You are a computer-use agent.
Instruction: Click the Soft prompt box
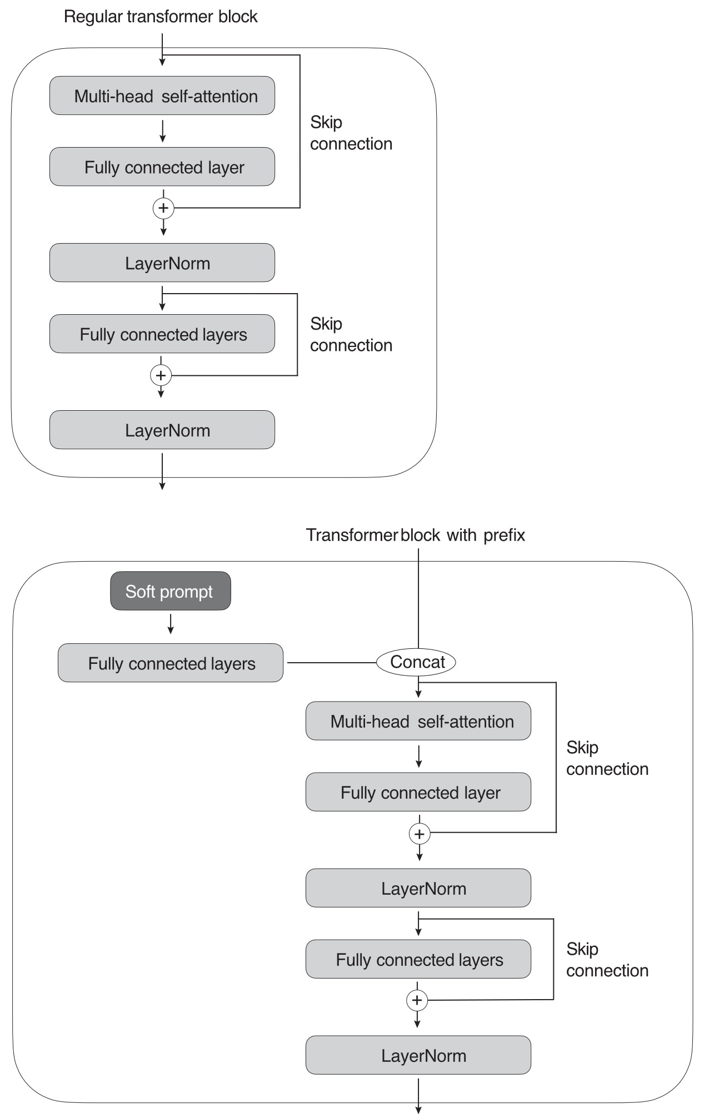click(x=170, y=591)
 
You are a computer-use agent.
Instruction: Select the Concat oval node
click(x=416, y=662)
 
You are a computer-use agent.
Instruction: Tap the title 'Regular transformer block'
click(x=161, y=17)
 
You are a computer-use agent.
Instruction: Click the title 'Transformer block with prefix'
click(x=415, y=535)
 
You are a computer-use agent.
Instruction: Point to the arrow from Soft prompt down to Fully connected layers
click(x=171, y=623)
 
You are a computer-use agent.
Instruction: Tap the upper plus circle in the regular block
click(x=163, y=208)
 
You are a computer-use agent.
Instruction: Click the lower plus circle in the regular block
click(x=161, y=376)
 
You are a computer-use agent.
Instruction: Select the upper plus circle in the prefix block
click(x=420, y=834)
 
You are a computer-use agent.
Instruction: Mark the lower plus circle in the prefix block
click(x=417, y=1001)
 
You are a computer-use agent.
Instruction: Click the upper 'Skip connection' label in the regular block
click(x=351, y=133)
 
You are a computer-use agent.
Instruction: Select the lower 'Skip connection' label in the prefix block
click(x=607, y=960)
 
